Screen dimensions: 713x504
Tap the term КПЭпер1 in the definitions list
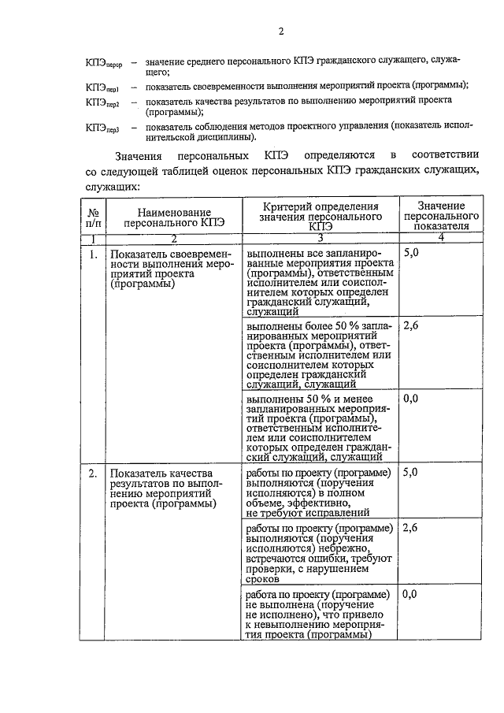(x=102, y=86)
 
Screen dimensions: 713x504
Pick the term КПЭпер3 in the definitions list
(x=102, y=128)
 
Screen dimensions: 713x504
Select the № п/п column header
(x=93, y=217)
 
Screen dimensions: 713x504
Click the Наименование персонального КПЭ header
(x=174, y=217)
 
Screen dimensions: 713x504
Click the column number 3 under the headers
(x=320, y=238)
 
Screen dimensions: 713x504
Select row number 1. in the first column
(x=93, y=254)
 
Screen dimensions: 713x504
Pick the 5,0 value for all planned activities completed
(x=411, y=254)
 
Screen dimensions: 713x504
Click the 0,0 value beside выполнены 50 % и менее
(x=411, y=399)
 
